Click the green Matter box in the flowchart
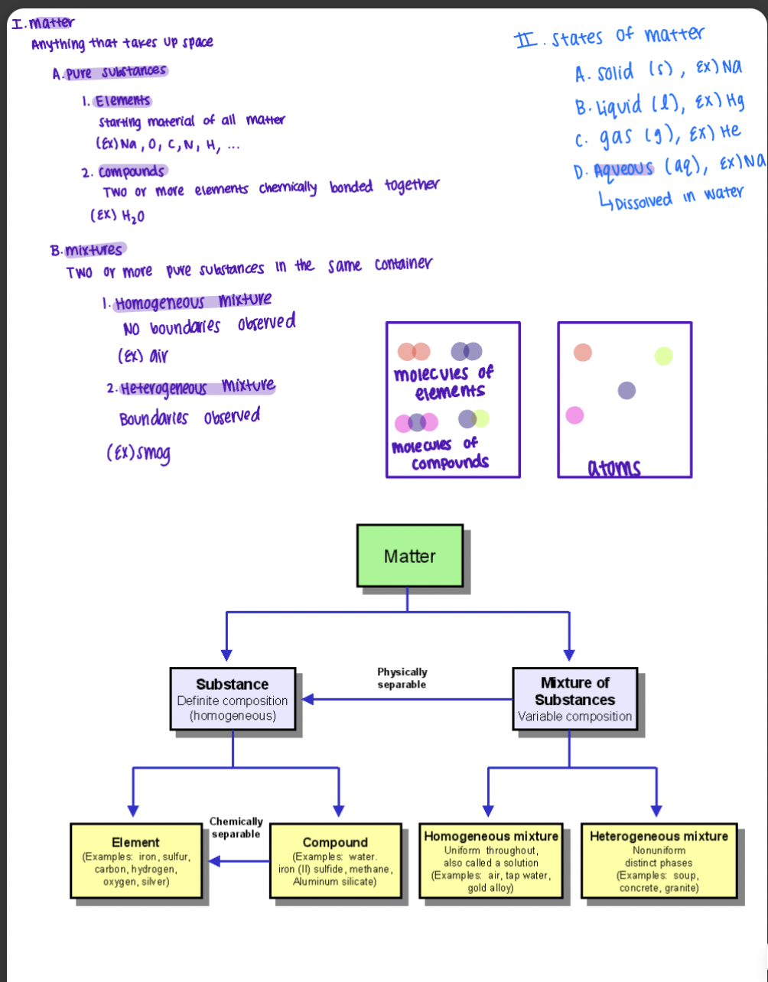(x=409, y=555)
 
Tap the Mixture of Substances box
(x=575, y=699)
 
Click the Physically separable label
(x=402, y=678)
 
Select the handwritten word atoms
(x=614, y=467)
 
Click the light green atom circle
(x=663, y=356)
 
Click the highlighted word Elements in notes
(x=122, y=101)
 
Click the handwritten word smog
(x=149, y=454)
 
